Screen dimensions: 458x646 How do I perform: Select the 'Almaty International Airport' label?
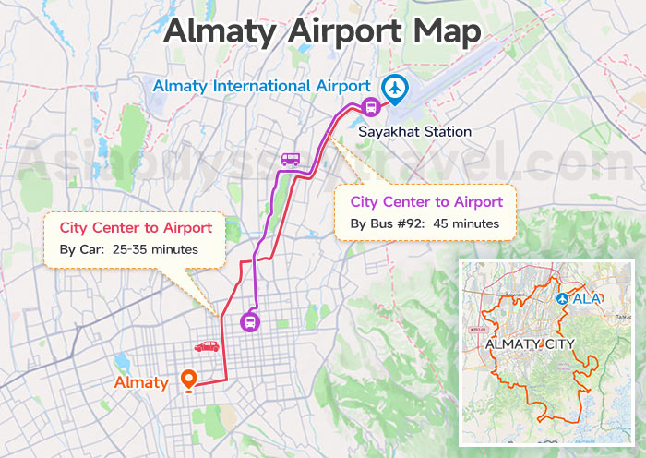coord(262,86)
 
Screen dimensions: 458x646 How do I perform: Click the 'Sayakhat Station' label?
coord(415,132)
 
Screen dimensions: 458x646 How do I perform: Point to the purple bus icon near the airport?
coord(369,106)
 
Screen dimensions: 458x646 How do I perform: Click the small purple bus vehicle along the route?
coord(290,159)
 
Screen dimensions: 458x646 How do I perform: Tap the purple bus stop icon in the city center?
coord(250,322)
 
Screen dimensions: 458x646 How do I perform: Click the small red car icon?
coord(206,346)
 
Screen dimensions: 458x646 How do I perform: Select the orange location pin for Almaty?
coord(189,380)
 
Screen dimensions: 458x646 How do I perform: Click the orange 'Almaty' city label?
coord(141,382)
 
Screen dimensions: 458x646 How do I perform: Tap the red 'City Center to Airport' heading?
coord(136,227)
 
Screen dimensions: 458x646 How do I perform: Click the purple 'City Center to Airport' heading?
coord(426,201)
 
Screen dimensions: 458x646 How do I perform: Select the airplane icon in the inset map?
coord(563,299)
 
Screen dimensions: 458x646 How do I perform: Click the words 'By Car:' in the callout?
coord(81,249)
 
